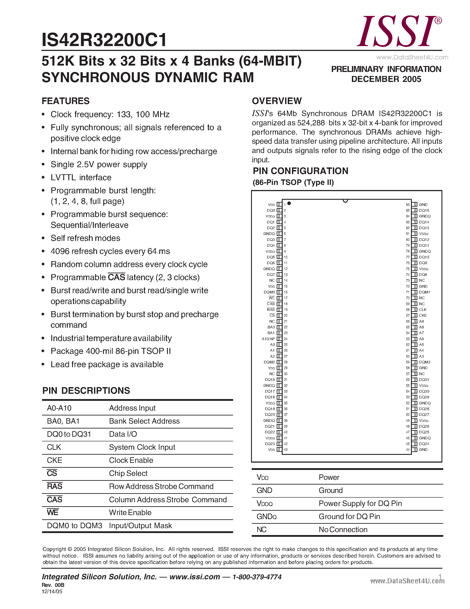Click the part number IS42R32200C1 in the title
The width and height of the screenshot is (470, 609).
[104, 40]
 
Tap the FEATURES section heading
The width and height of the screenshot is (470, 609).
[65, 101]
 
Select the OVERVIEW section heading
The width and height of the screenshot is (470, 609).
[276, 101]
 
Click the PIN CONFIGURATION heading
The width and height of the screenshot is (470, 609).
[300, 171]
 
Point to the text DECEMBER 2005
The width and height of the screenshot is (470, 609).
[386, 79]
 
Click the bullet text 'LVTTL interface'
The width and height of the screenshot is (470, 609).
[81, 178]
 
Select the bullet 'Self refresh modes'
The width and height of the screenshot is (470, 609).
[85, 238]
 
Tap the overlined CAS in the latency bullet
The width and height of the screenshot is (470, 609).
[116, 277]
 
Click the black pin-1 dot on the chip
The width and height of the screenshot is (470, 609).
[289, 203]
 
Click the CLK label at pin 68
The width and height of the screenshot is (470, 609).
[423, 310]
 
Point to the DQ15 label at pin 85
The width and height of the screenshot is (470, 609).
[424, 211]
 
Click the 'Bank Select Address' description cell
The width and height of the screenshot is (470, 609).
[144, 421]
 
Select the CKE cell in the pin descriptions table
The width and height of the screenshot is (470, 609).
[55, 460]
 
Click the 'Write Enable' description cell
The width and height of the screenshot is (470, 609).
[130, 512]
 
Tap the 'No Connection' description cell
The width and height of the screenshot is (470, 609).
[343, 529]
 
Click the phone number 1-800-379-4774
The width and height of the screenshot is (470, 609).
[257, 577]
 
